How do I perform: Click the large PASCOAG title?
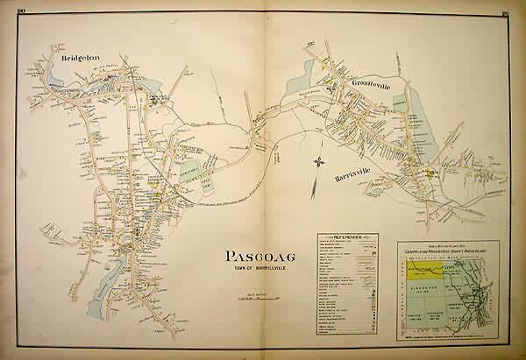point(253,258)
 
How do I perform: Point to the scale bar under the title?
point(253,300)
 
